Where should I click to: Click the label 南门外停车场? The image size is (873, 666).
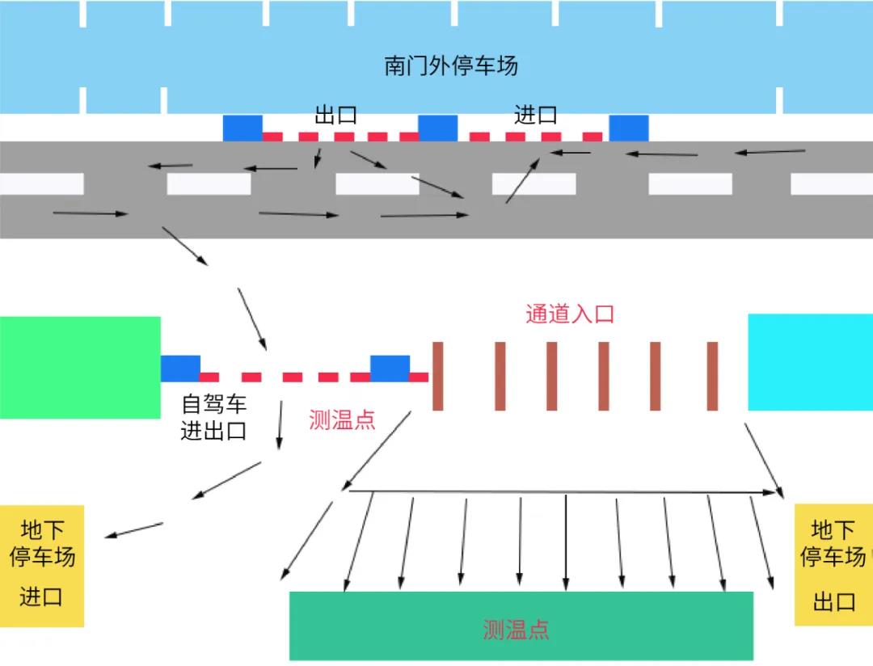point(450,65)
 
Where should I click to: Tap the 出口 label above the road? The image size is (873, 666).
point(335,116)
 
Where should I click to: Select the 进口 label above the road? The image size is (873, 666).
point(535,116)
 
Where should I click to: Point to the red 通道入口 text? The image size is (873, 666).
point(570,314)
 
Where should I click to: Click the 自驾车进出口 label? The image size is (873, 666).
point(213,417)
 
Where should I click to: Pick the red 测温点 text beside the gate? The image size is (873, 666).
point(342,419)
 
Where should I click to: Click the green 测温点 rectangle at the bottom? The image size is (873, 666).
point(521,626)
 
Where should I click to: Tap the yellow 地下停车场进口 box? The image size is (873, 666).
point(41,565)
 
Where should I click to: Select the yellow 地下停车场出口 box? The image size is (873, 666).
point(833,566)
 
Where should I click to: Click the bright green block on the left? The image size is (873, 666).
point(80,367)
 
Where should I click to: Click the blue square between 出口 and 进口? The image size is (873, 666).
point(437,129)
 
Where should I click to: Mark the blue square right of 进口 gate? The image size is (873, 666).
point(628,129)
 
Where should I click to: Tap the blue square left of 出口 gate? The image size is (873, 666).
point(242,129)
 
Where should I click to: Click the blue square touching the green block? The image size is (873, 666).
point(180,369)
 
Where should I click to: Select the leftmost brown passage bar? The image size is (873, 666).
point(438,376)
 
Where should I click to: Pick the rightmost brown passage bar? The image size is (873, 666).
point(712,376)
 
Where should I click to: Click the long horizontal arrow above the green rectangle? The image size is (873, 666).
point(562,491)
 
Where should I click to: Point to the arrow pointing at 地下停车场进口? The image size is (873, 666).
point(133,530)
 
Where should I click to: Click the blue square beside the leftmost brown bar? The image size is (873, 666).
point(390,369)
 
